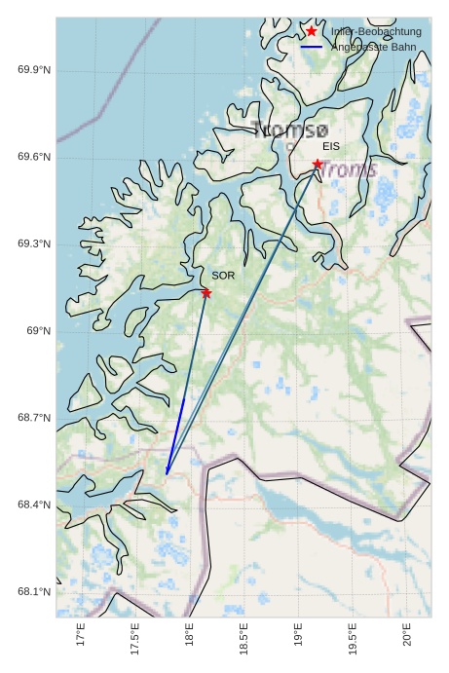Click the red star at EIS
[x=318, y=164]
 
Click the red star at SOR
[x=206, y=293]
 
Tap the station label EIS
[x=331, y=146]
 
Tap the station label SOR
[x=223, y=276]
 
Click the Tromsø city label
[x=290, y=130]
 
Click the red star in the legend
[x=312, y=31]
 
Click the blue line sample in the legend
[x=312, y=47]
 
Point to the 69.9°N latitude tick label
[x=34, y=70]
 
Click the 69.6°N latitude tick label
[x=34, y=158]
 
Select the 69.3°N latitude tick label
[x=34, y=244]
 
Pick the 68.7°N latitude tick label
[x=34, y=418]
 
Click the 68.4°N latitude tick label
[x=34, y=505]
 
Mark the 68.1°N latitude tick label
[x=34, y=591]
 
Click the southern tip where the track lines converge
[x=167, y=474]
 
